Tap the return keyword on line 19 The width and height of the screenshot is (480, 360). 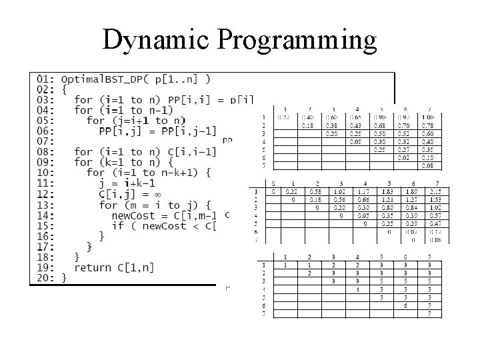[94, 267]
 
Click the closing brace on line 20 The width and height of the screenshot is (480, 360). [65, 278]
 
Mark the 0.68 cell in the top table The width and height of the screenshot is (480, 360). [380, 125]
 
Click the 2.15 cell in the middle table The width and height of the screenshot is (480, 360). [437, 191]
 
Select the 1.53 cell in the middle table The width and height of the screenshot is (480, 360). [437, 199]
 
